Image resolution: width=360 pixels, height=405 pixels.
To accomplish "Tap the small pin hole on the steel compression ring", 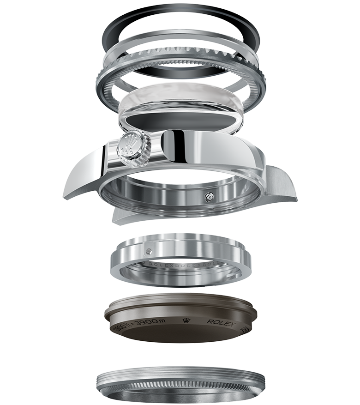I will (149, 251).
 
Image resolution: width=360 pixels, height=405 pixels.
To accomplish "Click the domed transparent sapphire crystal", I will (180, 99).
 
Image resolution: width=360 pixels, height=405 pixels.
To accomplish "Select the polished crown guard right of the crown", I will (178, 145).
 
